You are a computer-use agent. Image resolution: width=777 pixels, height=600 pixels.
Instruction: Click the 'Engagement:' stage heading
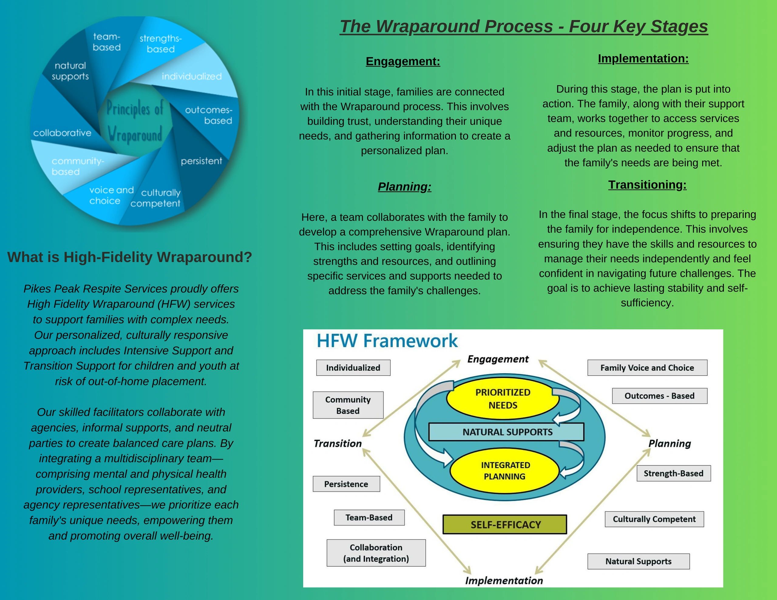point(403,61)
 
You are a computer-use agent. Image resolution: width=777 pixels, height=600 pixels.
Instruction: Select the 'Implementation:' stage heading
point(643,58)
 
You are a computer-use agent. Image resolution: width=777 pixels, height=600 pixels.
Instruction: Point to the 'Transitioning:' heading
point(647,185)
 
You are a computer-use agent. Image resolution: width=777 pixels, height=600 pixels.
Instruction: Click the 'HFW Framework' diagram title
point(387,340)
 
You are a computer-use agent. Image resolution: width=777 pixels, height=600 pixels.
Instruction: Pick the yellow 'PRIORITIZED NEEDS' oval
point(503,399)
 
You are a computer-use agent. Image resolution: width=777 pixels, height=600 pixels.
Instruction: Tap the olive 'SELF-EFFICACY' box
point(505,524)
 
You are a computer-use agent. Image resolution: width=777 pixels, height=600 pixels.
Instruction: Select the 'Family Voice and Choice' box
point(647,368)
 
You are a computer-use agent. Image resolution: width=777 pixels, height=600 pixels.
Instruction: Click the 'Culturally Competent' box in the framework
point(654,519)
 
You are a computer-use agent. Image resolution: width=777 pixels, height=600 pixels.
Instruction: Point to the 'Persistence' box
point(346,484)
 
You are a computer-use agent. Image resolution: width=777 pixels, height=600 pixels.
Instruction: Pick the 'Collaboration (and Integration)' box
point(376,553)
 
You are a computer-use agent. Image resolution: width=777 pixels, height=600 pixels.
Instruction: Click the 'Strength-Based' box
point(674,474)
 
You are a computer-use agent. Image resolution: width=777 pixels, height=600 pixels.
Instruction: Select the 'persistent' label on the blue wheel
point(201,161)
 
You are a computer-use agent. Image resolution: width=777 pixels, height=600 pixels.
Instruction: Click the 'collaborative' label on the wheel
point(62,133)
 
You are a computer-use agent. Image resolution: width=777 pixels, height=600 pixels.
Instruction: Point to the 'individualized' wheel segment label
point(192,76)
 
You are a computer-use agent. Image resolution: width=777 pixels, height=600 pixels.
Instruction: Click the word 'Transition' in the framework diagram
point(338,443)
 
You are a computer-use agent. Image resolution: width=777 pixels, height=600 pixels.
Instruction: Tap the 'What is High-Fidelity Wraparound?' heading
point(130,257)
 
